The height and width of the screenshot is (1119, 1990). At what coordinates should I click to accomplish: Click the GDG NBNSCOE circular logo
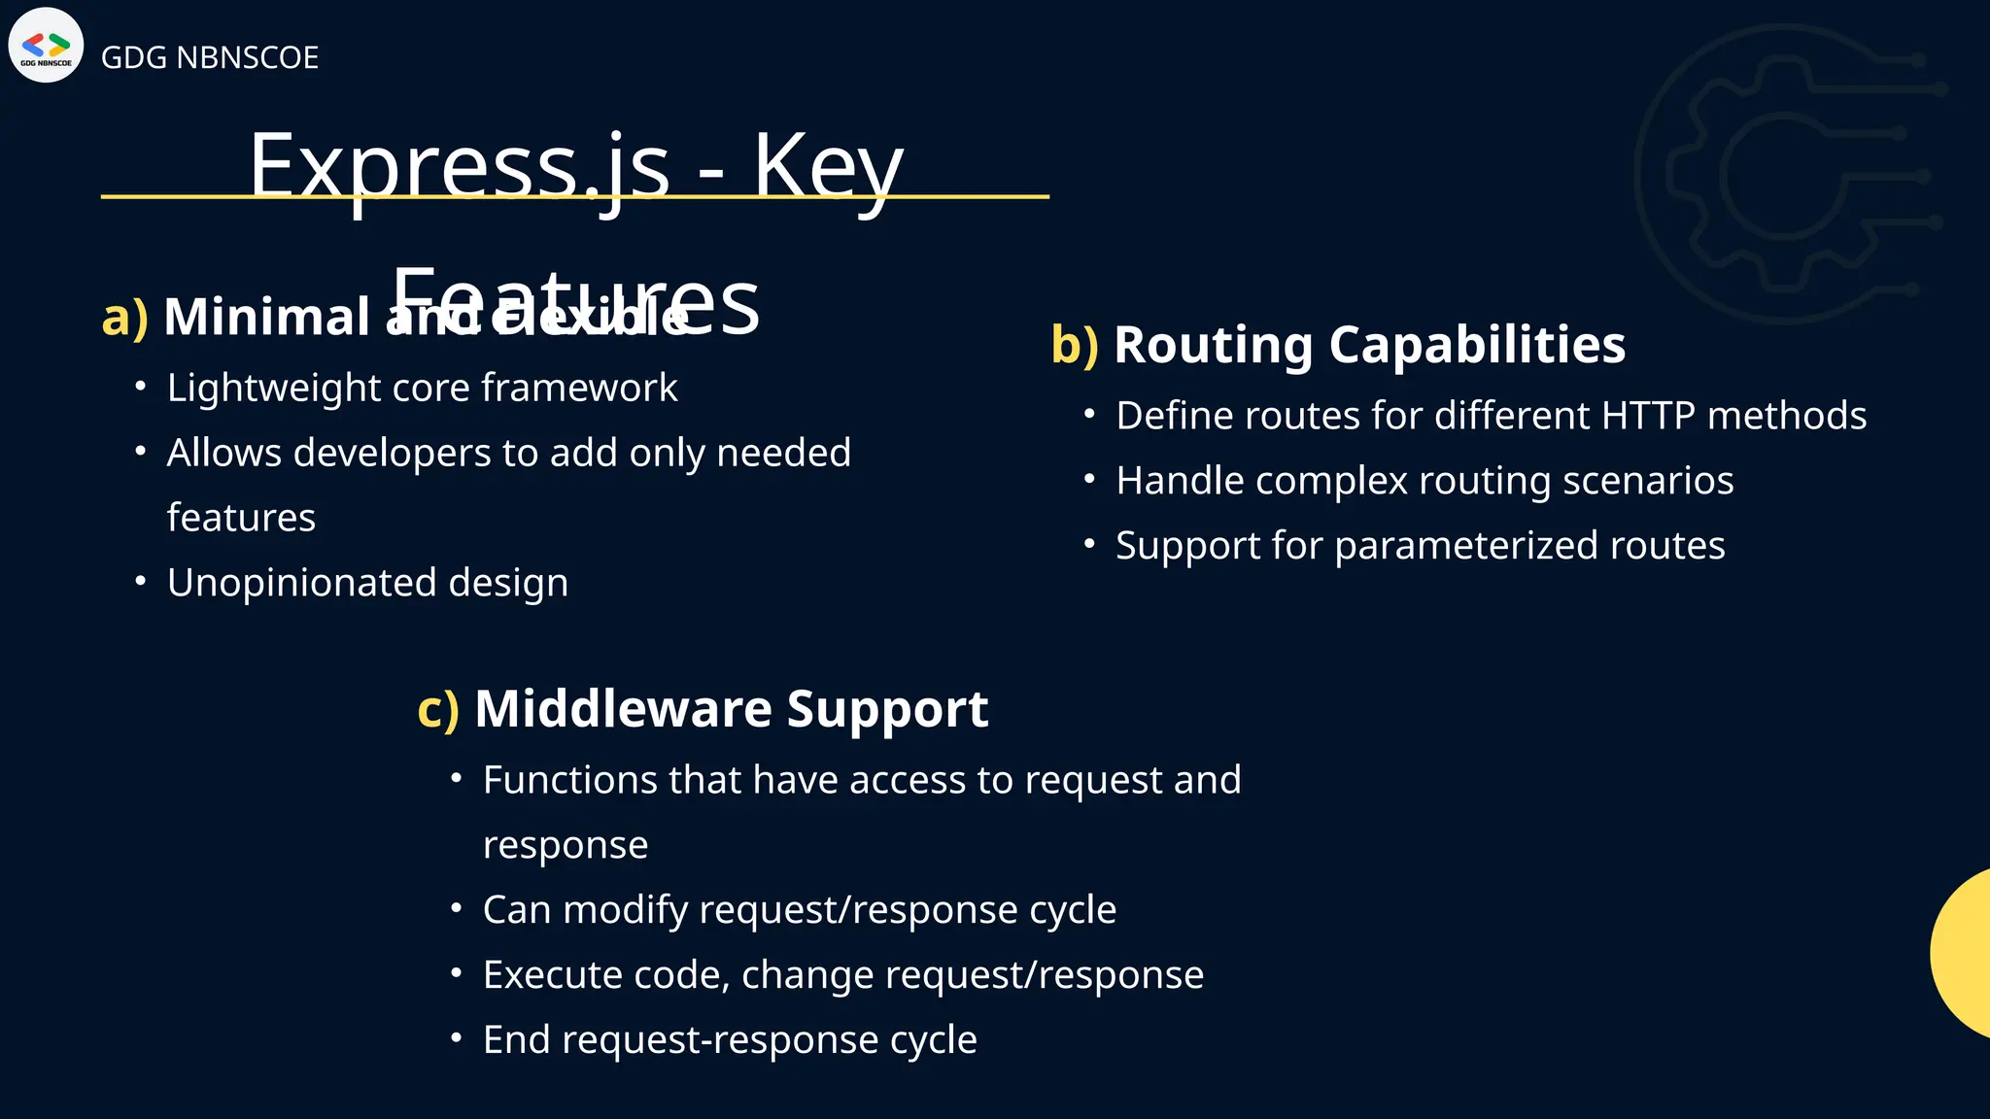point(46,46)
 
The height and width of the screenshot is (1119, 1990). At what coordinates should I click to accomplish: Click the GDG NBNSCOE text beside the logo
point(209,57)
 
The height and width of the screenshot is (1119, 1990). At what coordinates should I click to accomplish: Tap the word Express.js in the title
point(459,165)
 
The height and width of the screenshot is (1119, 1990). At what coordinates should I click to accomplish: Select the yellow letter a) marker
point(124,317)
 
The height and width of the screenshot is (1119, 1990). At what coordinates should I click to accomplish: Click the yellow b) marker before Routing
point(1074,345)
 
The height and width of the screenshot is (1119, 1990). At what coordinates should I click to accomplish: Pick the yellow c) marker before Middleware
point(437,709)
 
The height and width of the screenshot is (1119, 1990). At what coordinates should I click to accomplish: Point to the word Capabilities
point(1476,345)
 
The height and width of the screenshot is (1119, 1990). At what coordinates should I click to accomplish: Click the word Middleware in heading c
point(623,709)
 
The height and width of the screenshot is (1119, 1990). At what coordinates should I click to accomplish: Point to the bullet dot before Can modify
point(457,909)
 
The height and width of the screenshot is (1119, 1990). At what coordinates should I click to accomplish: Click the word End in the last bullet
point(516,1039)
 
